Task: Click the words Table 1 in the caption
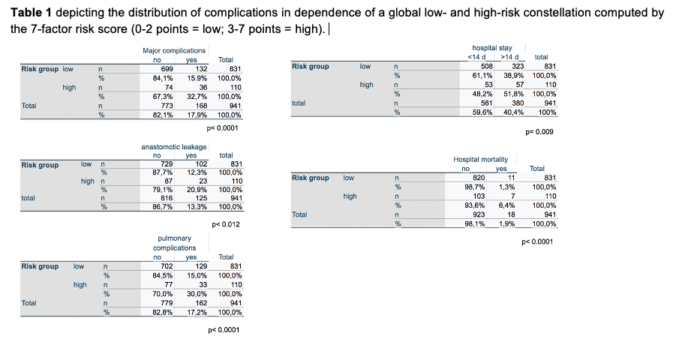[x=31, y=13]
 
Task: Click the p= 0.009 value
[x=540, y=132]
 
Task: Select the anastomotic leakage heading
[x=173, y=147]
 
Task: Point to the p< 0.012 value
[x=227, y=224]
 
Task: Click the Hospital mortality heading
[x=481, y=159]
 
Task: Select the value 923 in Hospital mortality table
[x=479, y=214]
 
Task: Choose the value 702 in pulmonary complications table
[x=167, y=266]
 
